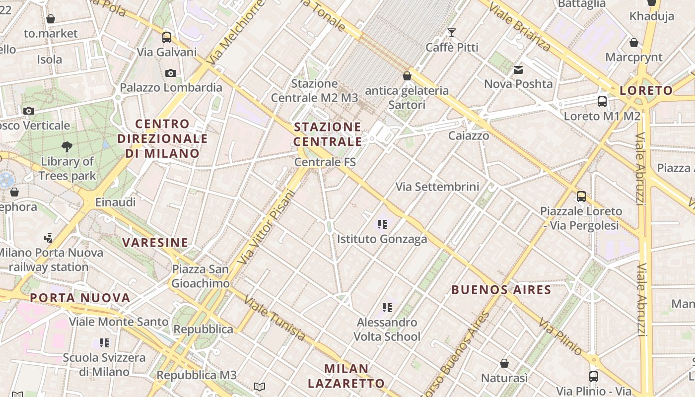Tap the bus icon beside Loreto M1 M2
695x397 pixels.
tap(602, 102)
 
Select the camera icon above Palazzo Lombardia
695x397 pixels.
tap(171, 73)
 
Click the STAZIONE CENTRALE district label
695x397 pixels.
tap(328, 134)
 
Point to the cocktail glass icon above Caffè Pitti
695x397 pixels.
tap(452, 33)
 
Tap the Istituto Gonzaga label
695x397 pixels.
tap(382, 239)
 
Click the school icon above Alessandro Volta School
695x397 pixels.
tap(387, 308)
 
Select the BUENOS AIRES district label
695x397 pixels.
tap(501, 290)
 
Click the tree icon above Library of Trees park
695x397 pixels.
tap(67, 147)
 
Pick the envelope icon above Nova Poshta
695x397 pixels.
tap(518, 70)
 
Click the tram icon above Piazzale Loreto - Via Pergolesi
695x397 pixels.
tap(581, 197)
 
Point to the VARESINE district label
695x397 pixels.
tap(155, 243)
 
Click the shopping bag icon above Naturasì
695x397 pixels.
tap(504, 363)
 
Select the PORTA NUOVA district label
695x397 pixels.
tap(80, 298)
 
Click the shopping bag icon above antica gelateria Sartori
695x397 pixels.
tap(407, 76)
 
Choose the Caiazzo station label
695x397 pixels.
tap(469, 135)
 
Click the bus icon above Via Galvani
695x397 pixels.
tap(167, 38)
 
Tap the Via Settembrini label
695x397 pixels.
tap(437, 187)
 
